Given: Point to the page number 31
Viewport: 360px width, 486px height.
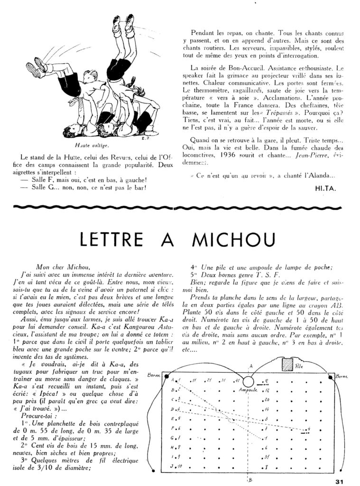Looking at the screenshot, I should pos(338,481).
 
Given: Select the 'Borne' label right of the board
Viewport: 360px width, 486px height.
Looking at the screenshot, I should pos(342,376).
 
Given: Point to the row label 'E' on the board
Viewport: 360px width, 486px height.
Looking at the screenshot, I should pos(172,418).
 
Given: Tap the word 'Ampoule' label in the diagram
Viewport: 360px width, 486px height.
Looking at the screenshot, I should pos(245,391).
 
